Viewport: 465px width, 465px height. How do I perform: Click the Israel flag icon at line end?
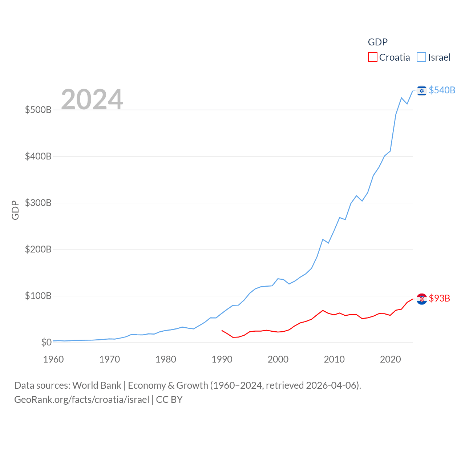(x=421, y=90)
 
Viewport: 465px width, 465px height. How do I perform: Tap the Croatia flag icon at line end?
(x=421, y=299)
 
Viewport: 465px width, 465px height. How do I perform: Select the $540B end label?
(x=442, y=90)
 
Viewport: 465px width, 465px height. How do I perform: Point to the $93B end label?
(x=439, y=298)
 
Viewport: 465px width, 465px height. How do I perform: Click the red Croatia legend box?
(x=372, y=57)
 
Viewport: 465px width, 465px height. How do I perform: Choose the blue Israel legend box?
(x=421, y=57)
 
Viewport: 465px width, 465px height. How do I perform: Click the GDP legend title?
(x=377, y=42)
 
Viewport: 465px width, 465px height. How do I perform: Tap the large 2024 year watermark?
(x=92, y=99)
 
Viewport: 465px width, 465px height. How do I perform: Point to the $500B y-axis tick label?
(x=38, y=110)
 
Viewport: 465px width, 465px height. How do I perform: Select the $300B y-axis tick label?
(x=38, y=203)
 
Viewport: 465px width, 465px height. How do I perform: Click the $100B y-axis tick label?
(x=38, y=296)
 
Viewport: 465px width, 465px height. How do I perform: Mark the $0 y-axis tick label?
(x=46, y=342)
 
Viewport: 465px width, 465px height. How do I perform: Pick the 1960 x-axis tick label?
(x=53, y=359)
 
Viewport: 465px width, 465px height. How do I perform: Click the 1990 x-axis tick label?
(x=222, y=359)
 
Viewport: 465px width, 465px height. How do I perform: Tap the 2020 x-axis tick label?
(x=390, y=359)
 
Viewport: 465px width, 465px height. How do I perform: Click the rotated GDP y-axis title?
(x=15, y=210)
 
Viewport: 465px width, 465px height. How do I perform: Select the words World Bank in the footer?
(x=97, y=385)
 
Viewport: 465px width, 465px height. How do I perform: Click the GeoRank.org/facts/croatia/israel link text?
(x=82, y=400)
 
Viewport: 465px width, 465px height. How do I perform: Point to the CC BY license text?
(x=169, y=400)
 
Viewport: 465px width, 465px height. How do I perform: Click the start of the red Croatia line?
(x=222, y=331)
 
